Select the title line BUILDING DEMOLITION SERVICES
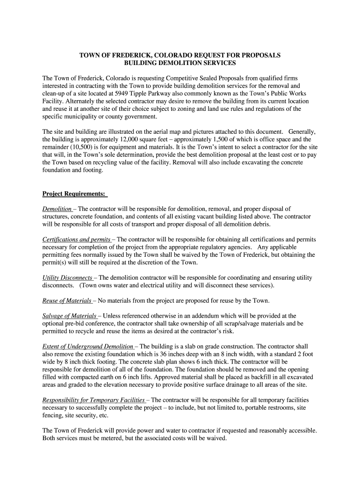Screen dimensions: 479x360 (180, 63)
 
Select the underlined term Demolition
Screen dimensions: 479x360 (57, 209)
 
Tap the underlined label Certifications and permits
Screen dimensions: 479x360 (76, 239)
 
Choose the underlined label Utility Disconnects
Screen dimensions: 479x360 (67, 278)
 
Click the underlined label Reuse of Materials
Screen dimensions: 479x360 (66, 301)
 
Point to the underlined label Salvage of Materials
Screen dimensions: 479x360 (69, 316)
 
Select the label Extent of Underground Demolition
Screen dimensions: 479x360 (88, 347)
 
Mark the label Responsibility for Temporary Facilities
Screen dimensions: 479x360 (94, 400)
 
